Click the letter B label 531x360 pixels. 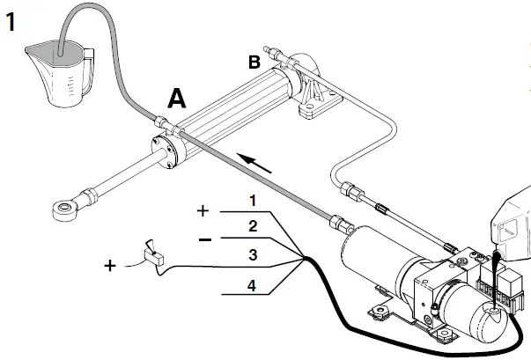254,62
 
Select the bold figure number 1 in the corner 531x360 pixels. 11,20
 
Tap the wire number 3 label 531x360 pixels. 252,255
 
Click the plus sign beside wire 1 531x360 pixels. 203,212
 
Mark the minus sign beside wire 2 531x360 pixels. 203,238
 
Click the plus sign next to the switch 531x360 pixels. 111,264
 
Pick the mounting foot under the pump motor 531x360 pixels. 381,309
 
